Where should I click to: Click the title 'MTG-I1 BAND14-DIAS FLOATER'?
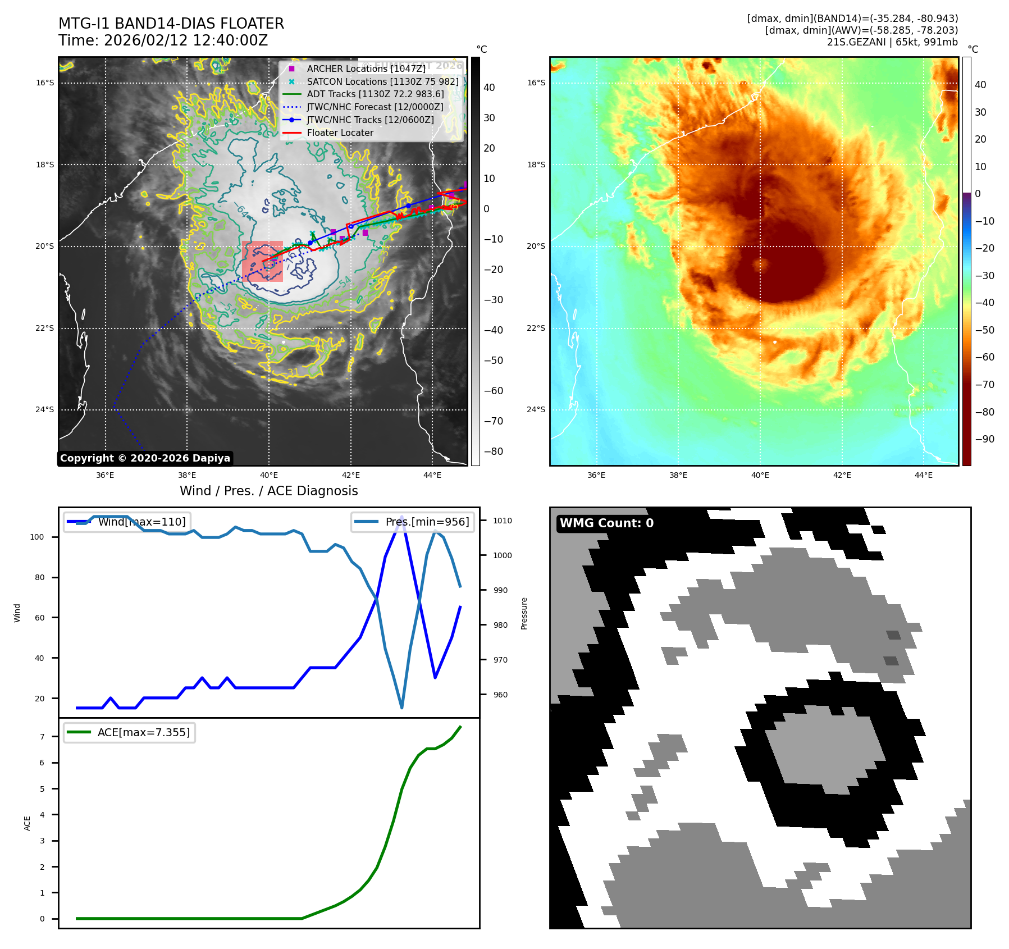coord(171,24)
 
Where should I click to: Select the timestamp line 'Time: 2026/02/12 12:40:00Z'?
coord(163,40)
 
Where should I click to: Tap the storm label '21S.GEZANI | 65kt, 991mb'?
coord(892,42)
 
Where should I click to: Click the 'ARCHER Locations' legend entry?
coord(366,69)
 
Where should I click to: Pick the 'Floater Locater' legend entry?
coord(340,133)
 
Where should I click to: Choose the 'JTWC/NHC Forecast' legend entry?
coord(375,107)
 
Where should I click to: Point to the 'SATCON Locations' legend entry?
coord(382,81)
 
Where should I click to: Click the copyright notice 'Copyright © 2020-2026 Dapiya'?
coord(145,458)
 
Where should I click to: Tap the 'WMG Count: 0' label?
coord(606,523)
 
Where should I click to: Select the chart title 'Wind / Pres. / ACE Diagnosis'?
coord(268,491)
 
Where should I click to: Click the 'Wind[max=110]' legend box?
coord(127,522)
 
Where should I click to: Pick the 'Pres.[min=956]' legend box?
coord(413,522)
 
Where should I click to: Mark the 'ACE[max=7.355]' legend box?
coord(129,732)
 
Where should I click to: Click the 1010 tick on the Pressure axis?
coord(503,521)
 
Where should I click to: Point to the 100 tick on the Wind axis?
coord(37,537)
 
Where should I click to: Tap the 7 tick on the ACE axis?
coord(42,737)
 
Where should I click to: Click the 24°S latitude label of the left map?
coord(45,409)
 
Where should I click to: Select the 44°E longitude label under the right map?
coord(924,475)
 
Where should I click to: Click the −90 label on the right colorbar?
coord(984,439)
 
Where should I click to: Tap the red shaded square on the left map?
coord(262,262)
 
